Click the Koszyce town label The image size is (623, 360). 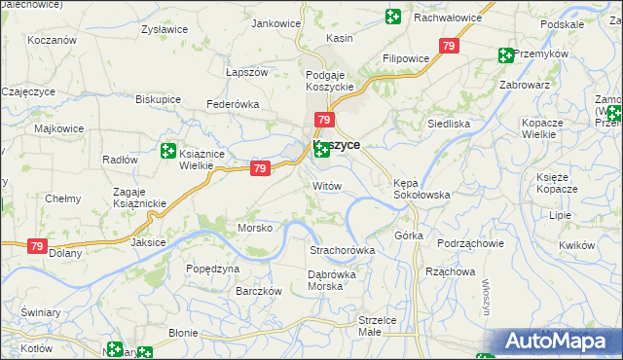tap(338, 144)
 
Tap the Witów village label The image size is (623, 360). tap(327, 185)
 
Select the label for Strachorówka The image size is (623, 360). tap(342, 250)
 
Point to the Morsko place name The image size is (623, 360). tap(255, 228)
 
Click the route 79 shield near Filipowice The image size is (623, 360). tap(449, 46)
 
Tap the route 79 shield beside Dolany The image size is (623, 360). tap(36, 248)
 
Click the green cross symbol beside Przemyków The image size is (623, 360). tap(505, 55)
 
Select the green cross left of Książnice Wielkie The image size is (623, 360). tap(167, 152)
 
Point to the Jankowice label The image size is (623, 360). tap(275, 23)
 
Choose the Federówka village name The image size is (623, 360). tap(231, 104)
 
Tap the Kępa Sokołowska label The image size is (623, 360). tap(421, 188)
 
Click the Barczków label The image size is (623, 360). tap(259, 291)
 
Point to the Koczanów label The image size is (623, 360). tap(53, 41)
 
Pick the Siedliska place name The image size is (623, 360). tap(449, 124)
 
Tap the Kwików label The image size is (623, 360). tap(577, 246)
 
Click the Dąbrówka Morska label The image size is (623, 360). tap(331, 280)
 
